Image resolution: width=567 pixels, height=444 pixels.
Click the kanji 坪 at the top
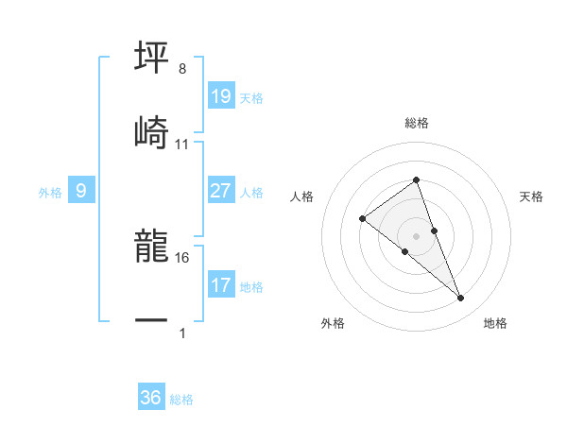(x=152, y=58)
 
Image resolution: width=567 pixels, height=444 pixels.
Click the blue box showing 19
(x=220, y=96)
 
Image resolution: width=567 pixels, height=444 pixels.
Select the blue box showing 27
(x=220, y=191)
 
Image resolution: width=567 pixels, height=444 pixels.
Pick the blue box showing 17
(x=220, y=285)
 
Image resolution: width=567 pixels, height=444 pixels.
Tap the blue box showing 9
(x=81, y=191)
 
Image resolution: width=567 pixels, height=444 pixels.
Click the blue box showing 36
(x=151, y=398)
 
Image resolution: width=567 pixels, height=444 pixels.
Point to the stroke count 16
(x=182, y=257)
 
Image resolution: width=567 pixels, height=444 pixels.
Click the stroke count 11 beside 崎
(x=182, y=144)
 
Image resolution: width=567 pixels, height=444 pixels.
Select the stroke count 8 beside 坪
(x=182, y=69)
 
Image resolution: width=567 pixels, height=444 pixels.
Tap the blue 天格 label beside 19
(x=251, y=98)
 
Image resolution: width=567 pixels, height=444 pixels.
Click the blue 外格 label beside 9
(x=50, y=193)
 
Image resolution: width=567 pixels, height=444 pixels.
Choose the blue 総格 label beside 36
(x=181, y=400)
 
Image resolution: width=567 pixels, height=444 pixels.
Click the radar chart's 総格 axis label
(x=417, y=123)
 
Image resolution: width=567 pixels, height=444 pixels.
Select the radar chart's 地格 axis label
(x=495, y=324)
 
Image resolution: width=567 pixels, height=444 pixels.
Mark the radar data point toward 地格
(x=461, y=299)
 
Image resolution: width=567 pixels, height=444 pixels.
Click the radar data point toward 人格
(x=363, y=219)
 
